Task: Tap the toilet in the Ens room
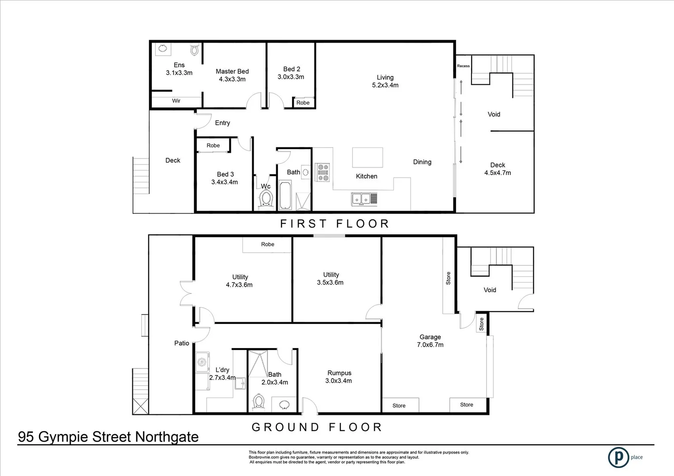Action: tap(195, 50)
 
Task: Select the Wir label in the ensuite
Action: tap(176, 101)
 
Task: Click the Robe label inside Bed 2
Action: tap(303, 103)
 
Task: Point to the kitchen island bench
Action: tap(367, 157)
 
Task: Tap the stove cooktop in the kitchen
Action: tap(322, 172)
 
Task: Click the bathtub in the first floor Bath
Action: tap(285, 196)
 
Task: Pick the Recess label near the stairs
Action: tap(463, 66)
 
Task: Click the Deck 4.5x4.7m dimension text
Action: tap(498, 173)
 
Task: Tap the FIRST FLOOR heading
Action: tap(335, 224)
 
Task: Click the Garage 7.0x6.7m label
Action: tap(430, 341)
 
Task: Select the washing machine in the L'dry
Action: tap(202, 362)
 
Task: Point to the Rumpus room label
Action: tap(339, 373)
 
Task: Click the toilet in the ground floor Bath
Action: tap(258, 402)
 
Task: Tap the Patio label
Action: tap(181, 343)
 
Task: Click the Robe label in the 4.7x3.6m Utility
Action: tap(267, 244)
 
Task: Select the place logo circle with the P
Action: tap(618, 457)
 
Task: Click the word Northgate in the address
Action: tap(167, 437)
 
